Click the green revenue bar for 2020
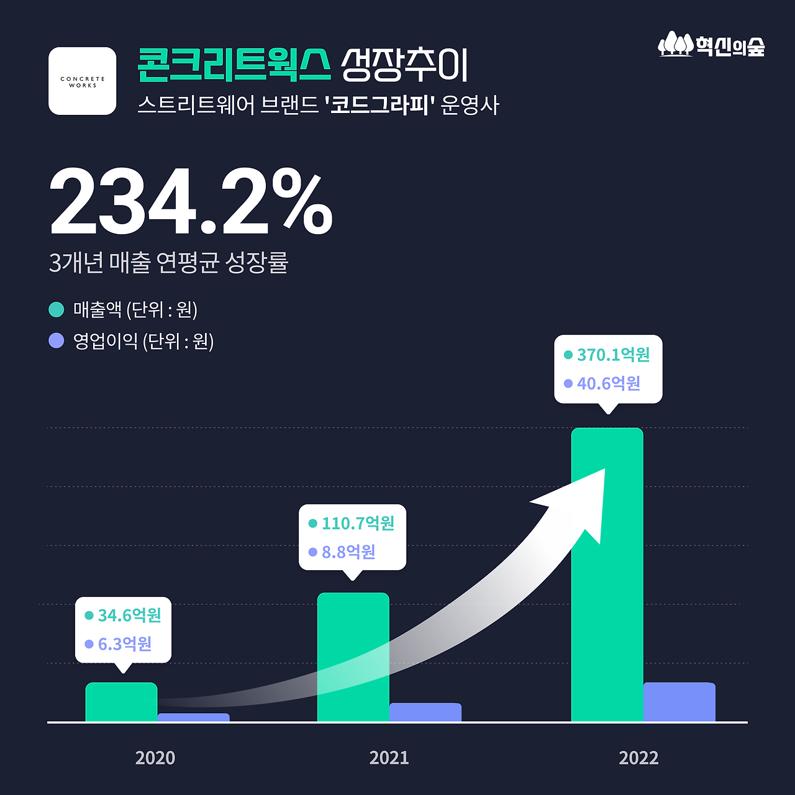121,702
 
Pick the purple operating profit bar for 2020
193,717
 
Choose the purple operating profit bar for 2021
425,712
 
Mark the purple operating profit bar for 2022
679,702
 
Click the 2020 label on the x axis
155,758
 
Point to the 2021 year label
389,758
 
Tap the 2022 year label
638,758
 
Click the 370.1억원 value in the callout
613,355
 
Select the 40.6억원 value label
609,383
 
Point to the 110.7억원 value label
358,523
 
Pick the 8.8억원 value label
348,552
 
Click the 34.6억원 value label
129,615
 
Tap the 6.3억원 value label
125,643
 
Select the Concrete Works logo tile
83,81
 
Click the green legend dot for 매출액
57,309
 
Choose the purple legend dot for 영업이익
57,341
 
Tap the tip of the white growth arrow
604,470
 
